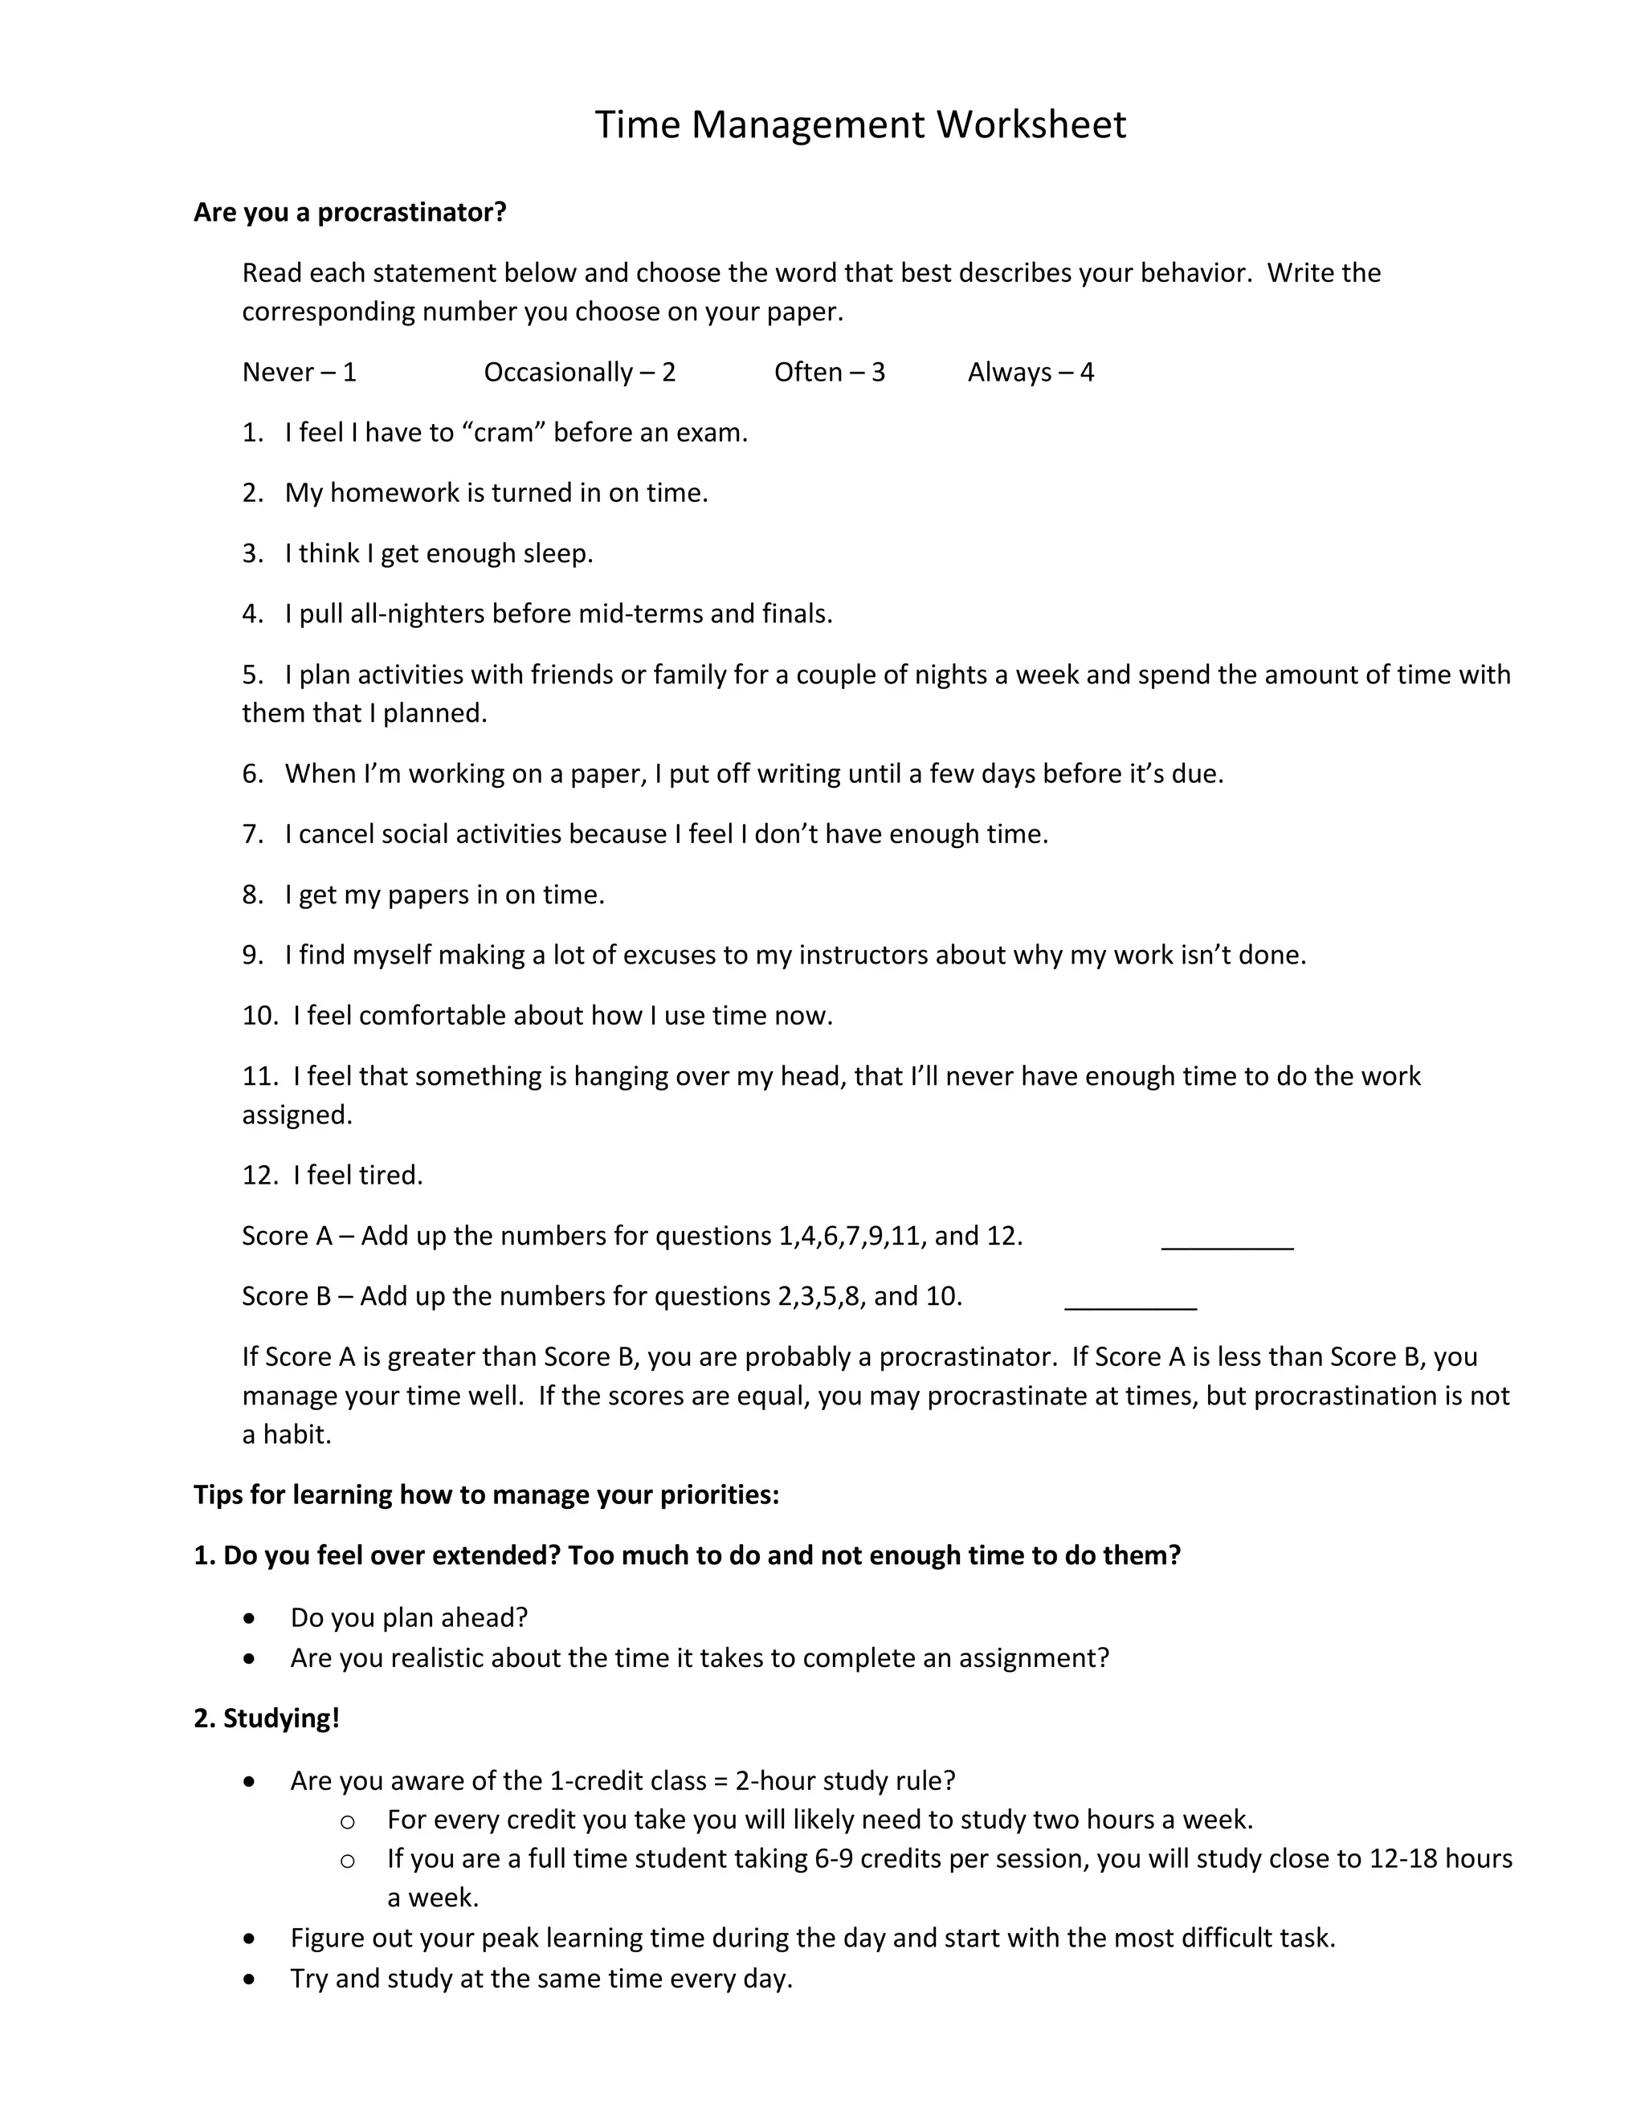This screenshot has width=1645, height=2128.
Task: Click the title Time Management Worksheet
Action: click(x=859, y=124)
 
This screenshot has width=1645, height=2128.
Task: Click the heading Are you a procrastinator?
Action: click(x=350, y=213)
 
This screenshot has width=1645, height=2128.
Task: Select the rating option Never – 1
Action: click(x=299, y=373)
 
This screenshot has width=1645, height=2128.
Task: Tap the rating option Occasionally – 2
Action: click(x=579, y=373)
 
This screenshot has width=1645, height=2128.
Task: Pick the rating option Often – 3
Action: click(x=828, y=373)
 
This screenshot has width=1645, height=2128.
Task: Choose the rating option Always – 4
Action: click(x=1030, y=373)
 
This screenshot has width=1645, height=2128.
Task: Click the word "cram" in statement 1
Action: click(x=504, y=433)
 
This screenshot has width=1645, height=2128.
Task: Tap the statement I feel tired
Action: click(x=357, y=1175)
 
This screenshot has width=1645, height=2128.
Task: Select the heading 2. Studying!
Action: click(x=266, y=1718)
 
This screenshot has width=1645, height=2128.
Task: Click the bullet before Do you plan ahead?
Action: click(x=251, y=1618)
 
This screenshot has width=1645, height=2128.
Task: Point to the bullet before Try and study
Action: click(x=251, y=1979)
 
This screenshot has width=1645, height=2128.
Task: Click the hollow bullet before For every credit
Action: click(x=347, y=1821)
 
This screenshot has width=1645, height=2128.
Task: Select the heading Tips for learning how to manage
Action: click(x=486, y=1494)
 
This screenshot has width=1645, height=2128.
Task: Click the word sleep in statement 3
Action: click(x=556, y=553)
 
